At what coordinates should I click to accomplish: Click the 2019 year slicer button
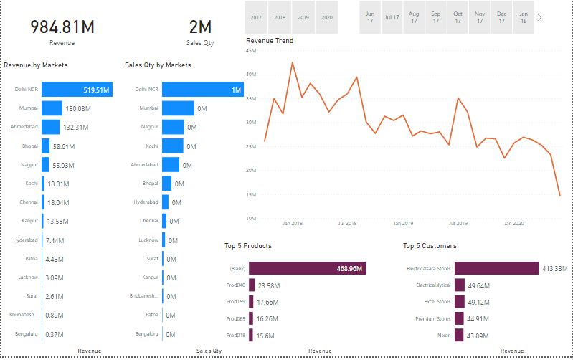point(303,16)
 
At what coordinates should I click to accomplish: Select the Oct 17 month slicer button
point(458,17)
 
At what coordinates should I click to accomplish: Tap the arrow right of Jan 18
point(539,17)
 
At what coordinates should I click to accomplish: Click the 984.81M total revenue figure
point(62,27)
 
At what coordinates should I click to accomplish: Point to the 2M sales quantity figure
point(200,27)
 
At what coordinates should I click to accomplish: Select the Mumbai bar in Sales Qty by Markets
point(178,108)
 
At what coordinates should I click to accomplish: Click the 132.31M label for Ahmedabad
point(75,127)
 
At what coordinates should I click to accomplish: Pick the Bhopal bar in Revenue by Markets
point(45,146)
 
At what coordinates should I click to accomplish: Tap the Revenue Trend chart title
point(270,41)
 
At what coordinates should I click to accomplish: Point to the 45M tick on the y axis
point(251,51)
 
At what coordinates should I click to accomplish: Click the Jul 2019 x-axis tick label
point(458,224)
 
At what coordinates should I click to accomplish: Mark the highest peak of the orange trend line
point(292,62)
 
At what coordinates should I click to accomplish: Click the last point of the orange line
point(560,195)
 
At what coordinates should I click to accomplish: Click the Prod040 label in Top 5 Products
point(236,285)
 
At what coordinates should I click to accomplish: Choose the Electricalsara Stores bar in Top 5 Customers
point(496,268)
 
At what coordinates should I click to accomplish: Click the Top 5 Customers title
point(430,246)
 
